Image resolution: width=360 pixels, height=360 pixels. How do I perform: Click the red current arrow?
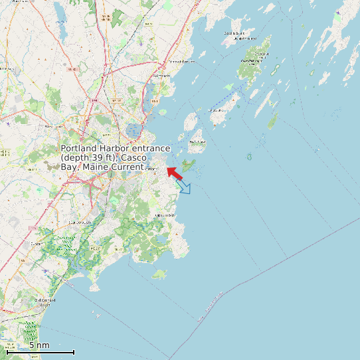point(175,173)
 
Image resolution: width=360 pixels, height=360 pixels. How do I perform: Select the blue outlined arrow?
point(184,187)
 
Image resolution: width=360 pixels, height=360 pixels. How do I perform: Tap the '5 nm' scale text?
point(39,345)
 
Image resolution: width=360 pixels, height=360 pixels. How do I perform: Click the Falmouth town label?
point(161,76)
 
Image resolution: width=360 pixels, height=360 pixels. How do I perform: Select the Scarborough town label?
point(79,222)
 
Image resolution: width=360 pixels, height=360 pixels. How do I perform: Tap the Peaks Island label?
point(197,141)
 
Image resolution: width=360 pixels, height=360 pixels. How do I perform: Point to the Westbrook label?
point(54,126)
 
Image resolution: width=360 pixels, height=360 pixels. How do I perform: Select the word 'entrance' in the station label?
point(148,148)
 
